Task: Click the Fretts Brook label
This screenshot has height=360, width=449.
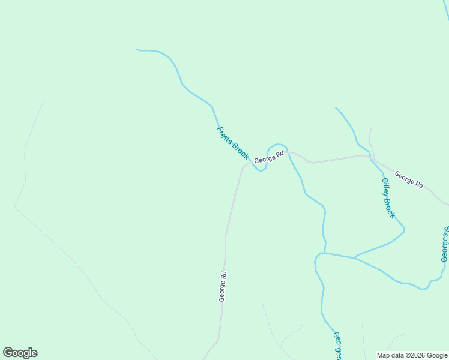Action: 233,143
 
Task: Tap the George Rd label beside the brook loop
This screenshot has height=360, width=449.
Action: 268,158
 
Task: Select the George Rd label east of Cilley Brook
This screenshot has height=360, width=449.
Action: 409,179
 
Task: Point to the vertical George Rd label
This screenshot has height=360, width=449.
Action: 222,287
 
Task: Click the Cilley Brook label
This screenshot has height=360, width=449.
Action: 388,197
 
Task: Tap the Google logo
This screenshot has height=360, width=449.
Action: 20,353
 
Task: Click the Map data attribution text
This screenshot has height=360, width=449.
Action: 412,355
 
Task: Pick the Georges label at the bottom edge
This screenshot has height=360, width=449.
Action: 337,346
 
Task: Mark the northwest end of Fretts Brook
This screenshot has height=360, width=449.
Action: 137,49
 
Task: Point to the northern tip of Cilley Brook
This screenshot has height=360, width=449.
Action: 336,108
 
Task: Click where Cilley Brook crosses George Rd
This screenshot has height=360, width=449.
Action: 370,157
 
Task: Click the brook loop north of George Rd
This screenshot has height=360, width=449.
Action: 276,145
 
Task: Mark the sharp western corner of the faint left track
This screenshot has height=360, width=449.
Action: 15,207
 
